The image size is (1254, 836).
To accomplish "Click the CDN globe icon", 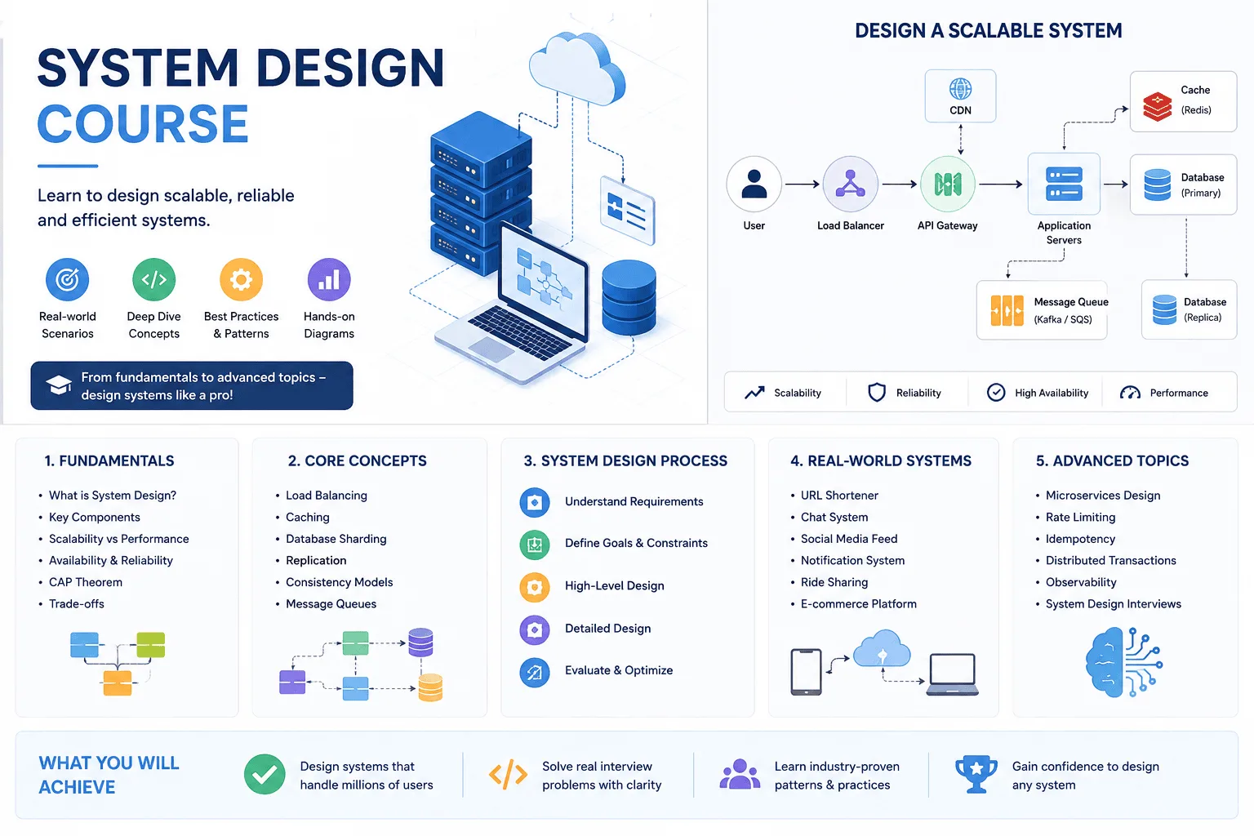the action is pyautogui.click(x=960, y=88).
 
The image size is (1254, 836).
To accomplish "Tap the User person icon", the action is pyautogui.click(x=754, y=184).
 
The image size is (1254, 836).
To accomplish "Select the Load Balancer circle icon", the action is pyautogui.click(x=850, y=184).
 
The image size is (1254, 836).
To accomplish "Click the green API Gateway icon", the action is pyautogui.click(x=947, y=184).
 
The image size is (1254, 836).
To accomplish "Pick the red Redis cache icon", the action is pyautogui.click(x=1157, y=106).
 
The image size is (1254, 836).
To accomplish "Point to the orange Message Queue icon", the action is pyautogui.click(x=1007, y=310).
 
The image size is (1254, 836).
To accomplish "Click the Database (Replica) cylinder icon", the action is pyautogui.click(x=1164, y=309).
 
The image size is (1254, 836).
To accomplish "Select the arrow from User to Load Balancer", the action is pyautogui.click(x=803, y=184).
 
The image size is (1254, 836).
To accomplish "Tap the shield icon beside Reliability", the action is pyautogui.click(x=876, y=393).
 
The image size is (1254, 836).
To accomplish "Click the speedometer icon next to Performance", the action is pyautogui.click(x=1130, y=393).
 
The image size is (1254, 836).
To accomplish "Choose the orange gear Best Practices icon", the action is pyautogui.click(x=241, y=279).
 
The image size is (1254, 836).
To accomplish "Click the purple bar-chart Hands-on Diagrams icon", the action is pyautogui.click(x=329, y=279).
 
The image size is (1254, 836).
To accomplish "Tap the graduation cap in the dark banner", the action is pyautogui.click(x=58, y=385).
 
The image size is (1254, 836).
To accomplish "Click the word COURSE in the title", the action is pyautogui.click(x=143, y=124).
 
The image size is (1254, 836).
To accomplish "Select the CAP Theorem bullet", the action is pyautogui.click(x=85, y=582).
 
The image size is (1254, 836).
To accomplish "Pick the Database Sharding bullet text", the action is pyautogui.click(x=336, y=539).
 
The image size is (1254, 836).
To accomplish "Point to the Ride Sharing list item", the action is pyautogui.click(x=834, y=582).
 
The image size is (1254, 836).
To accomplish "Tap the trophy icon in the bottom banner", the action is pyautogui.click(x=976, y=774).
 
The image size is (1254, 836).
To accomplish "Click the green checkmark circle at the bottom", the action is pyautogui.click(x=265, y=774).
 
